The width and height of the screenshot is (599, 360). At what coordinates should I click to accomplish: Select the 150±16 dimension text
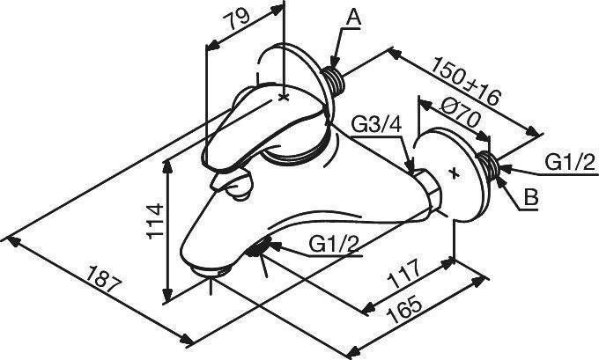point(466,81)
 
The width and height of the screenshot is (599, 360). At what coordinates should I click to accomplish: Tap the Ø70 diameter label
point(460,114)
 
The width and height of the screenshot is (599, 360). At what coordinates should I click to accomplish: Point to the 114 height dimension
point(155,222)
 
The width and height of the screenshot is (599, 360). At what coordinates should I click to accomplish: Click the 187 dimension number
point(104,279)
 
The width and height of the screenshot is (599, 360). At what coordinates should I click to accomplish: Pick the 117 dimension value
point(403,274)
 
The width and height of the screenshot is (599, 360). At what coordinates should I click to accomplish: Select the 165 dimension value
point(406,310)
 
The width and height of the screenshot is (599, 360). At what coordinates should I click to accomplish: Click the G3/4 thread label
point(376,124)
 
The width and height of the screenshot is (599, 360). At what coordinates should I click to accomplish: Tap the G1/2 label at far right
point(570,162)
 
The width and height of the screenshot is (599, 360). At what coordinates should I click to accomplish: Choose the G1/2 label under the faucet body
point(334,244)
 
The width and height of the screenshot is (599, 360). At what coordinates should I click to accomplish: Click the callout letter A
point(354,17)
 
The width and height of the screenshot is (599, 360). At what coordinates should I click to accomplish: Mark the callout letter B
point(531,198)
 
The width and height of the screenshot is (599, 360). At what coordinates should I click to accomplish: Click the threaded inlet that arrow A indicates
point(334,80)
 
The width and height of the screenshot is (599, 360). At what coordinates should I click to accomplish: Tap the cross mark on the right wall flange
point(455,173)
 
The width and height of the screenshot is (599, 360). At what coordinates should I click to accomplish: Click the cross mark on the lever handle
point(284,98)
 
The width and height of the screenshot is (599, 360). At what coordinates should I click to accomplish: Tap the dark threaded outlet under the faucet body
point(257,247)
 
